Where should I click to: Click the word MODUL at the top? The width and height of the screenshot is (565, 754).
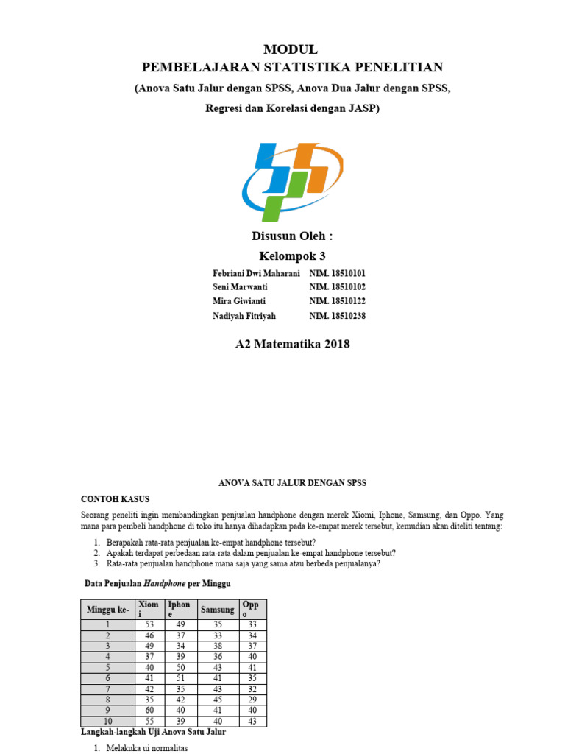point(291,49)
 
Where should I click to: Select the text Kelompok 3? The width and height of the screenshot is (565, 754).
point(292,256)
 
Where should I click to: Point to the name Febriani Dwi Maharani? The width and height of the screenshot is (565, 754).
point(256,273)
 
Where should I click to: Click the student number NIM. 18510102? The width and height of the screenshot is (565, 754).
point(337,287)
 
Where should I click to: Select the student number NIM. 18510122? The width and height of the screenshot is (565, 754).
point(337,301)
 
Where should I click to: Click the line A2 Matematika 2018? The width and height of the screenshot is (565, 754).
point(292,344)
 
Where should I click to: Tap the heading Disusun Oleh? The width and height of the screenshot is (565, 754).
point(292,236)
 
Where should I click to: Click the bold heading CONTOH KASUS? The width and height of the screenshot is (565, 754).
point(115,498)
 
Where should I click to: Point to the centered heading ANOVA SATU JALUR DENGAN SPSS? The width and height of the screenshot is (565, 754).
point(292,482)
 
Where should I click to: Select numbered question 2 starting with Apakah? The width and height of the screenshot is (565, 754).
point(251,552)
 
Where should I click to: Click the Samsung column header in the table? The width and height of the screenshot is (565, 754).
point(217,610)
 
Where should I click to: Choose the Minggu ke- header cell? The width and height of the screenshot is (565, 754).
point(107,610)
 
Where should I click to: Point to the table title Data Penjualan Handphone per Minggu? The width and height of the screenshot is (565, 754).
point(157,583)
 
